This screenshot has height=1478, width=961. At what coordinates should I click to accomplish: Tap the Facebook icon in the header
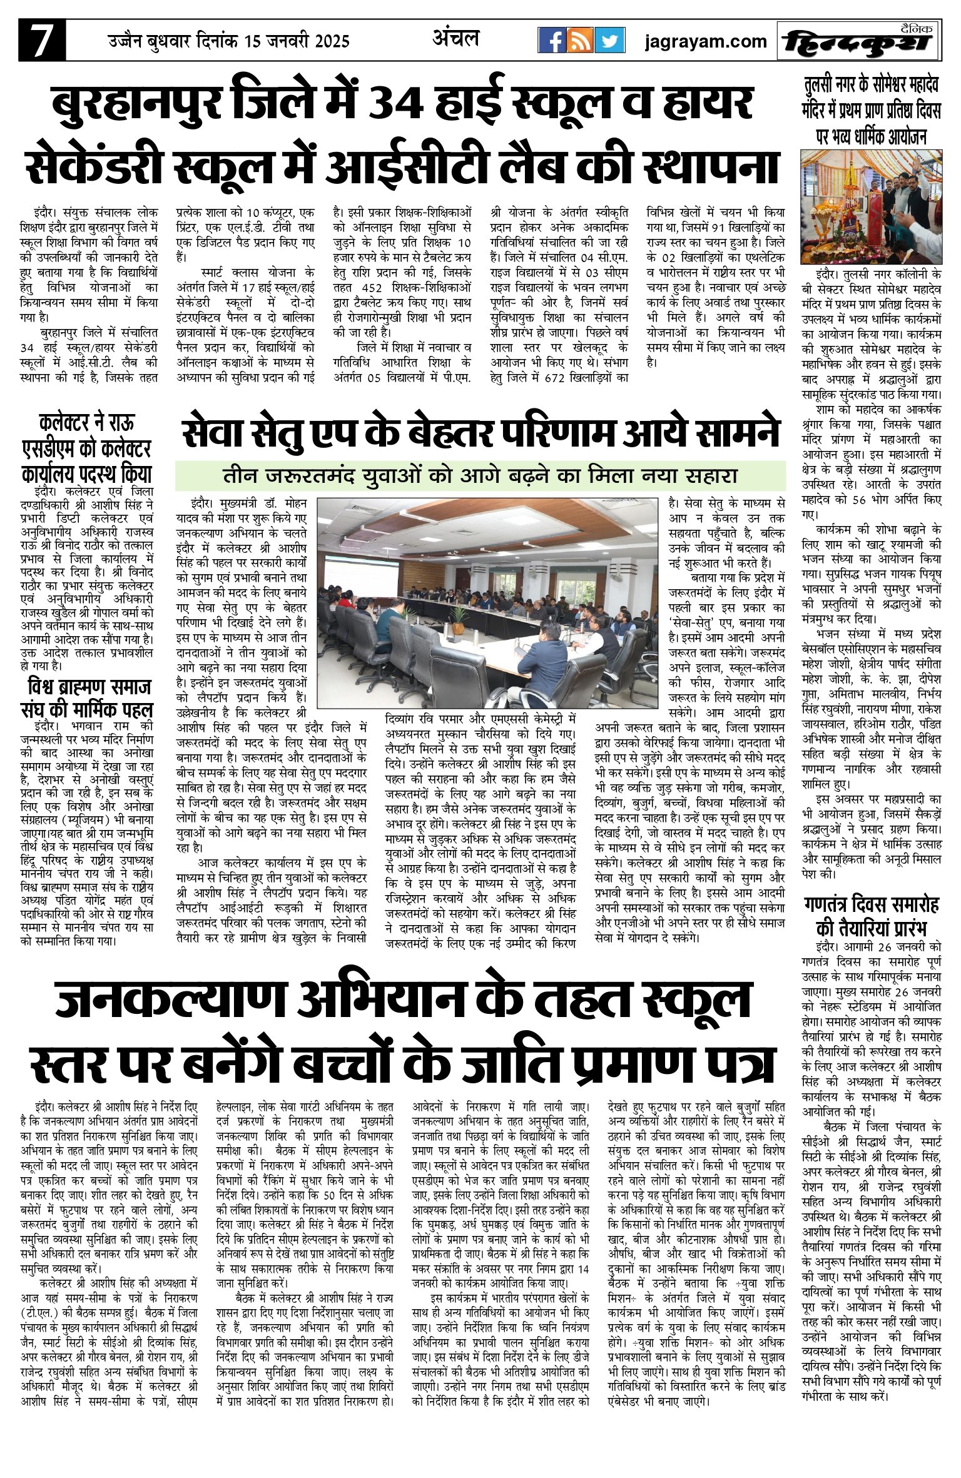tap(552, 41)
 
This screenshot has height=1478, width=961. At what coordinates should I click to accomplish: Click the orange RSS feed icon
tap(580, 41)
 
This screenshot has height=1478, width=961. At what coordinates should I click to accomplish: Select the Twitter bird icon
tap(609, 41)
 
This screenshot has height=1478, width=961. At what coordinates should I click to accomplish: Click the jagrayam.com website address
tap(706, 41)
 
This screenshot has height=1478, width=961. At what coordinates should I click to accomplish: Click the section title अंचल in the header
tap(455, 39)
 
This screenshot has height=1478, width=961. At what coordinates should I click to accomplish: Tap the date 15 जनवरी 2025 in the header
tap(297, 41)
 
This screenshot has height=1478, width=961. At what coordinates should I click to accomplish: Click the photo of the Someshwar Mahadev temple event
tap(872, 206)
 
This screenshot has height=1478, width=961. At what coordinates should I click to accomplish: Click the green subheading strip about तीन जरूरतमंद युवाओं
tap(480, 476)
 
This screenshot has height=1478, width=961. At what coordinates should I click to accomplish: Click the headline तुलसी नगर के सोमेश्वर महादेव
tap(872, 110)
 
